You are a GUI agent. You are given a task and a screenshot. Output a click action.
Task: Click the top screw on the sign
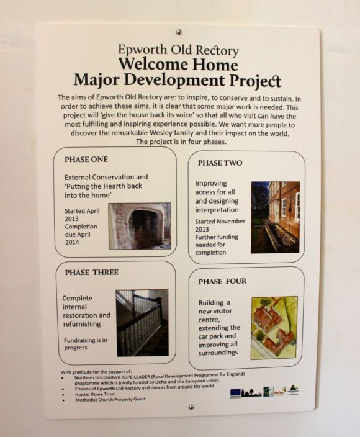(179, 31)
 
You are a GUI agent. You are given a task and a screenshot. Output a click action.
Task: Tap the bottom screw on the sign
(191, 407)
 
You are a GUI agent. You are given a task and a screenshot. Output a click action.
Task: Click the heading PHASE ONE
(86, 160)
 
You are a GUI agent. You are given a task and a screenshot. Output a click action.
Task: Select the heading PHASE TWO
(220, 163)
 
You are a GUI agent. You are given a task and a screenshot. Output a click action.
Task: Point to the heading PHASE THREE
(91, 272)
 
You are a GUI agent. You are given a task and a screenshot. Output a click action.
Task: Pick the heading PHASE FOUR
(222, 281)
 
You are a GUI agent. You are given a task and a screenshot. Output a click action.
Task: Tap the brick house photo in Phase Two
(275, 217)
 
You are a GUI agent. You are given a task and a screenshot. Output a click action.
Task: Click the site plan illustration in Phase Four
(274, 327)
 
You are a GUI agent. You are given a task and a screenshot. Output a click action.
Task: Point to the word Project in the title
(253, 81)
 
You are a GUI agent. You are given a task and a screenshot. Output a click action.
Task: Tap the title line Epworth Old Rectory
(178, 50)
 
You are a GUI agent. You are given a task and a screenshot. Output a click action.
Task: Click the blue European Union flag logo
(235, 392)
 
